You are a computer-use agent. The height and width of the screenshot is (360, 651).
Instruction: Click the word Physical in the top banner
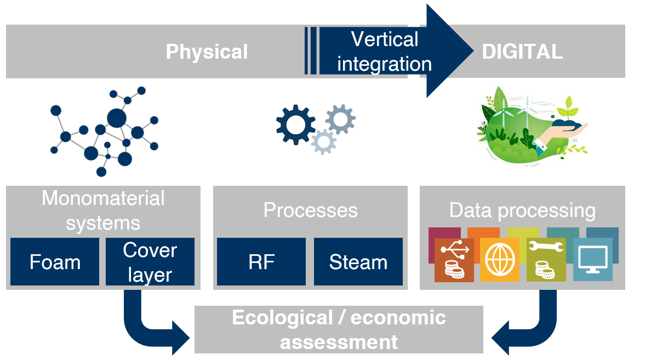tap(207, 52)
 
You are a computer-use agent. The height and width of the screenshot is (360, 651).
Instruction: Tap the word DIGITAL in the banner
tap(522, 52)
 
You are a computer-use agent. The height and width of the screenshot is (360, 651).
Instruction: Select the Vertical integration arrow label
tap(384, 52)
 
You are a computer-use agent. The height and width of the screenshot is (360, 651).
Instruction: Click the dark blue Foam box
tap(55, 262)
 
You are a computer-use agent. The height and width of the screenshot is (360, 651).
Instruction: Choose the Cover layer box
tap(150, 262)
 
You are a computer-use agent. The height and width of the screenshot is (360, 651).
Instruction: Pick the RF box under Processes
tap(261, 262)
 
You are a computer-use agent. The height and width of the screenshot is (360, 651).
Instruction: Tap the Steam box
tap(358, 262)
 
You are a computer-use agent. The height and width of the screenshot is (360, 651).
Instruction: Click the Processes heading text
tap(310, 210)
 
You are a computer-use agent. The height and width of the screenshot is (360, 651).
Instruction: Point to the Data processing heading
tap(522, 210)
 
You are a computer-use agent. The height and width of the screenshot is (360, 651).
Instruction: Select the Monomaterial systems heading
tap(103, 210)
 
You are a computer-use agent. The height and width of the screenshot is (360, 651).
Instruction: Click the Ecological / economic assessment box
tap(339, 330)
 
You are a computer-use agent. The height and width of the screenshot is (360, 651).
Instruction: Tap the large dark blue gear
tap(296, 125)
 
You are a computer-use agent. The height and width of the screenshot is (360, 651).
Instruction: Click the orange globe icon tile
tap(499, 259)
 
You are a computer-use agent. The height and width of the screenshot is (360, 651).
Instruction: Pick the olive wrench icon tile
tap(546, 259)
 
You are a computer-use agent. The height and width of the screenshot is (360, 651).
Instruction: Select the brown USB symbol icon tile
tap(454, 259)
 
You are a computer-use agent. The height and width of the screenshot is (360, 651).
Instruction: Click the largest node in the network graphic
tap(116, 117)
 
